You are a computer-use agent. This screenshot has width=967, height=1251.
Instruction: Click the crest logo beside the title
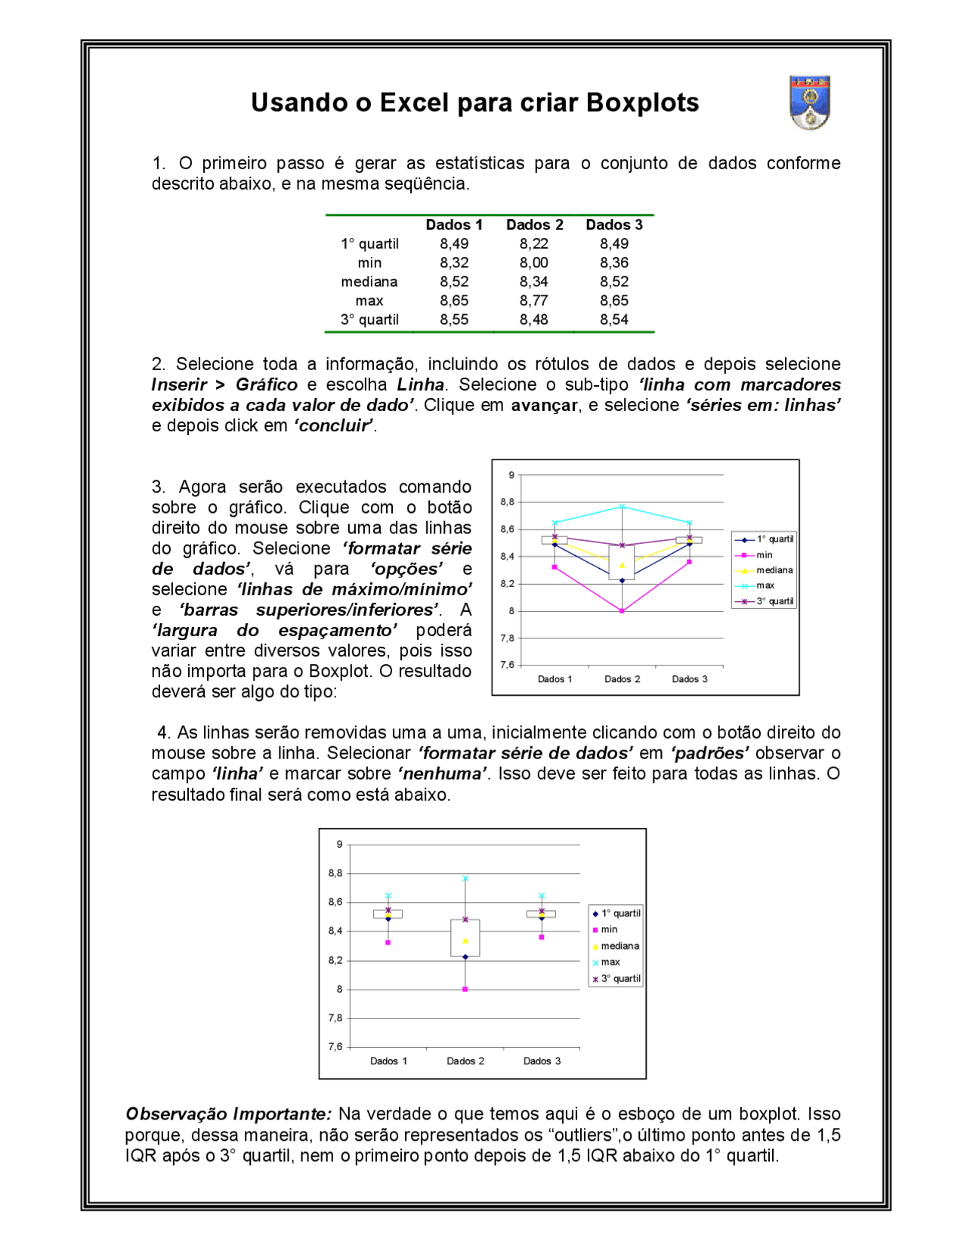(810, 102)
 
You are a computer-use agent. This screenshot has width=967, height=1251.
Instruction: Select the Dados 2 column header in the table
(534, 224)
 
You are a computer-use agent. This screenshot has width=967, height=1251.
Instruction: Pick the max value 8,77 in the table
(533, 301)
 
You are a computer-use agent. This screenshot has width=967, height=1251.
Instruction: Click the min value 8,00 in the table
(533, 263)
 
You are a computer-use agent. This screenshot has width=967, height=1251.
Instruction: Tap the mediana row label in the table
(369, 282)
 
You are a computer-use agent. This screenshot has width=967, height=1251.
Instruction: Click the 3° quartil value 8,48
(533, 320)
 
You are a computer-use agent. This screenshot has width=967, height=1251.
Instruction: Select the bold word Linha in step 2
(420, 385)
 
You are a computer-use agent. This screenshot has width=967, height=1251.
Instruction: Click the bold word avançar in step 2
(544, 405)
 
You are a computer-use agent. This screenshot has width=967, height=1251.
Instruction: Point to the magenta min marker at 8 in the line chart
(622, 610)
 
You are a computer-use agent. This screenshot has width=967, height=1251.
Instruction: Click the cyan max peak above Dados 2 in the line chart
(622, 506)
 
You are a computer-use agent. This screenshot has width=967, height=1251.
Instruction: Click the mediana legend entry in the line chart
(774, 570)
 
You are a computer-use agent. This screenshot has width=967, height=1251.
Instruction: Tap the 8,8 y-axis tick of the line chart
(507, 502)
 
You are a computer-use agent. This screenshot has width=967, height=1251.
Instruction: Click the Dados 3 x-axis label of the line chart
(690, 679)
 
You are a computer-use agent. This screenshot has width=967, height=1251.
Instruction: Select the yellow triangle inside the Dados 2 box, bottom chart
(465, 941)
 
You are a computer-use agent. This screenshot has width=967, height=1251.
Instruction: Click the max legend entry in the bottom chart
(610, 962)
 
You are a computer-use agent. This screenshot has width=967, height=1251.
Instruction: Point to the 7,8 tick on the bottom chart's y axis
(335, 1018)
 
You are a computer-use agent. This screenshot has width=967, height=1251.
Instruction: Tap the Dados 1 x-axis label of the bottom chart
(388, 1061)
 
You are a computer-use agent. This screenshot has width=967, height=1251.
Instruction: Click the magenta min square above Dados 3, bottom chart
(542, 937)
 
